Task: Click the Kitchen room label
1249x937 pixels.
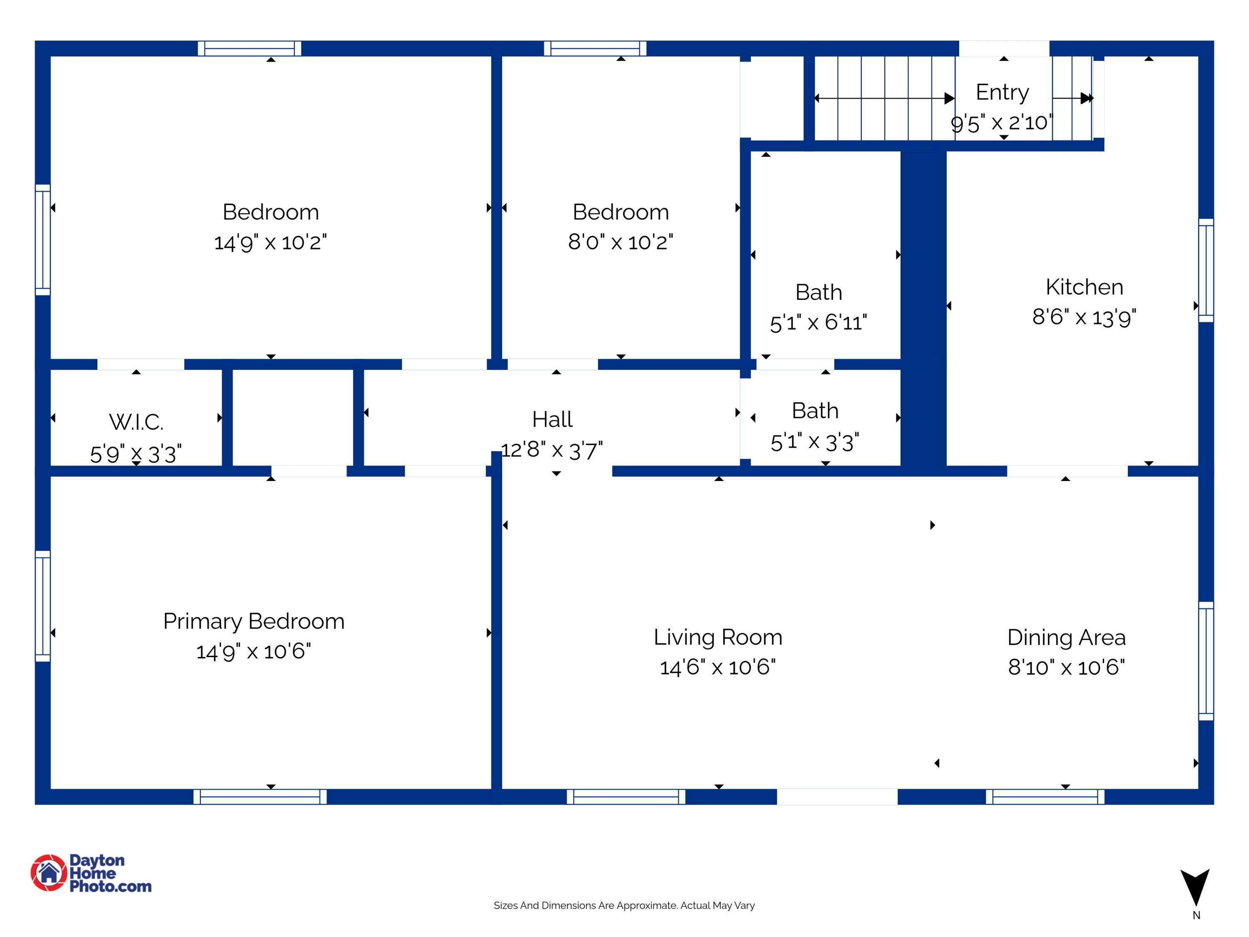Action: [1084, 287]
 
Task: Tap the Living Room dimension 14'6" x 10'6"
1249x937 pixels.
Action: [718, 668]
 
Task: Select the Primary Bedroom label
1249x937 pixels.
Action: [254, 621]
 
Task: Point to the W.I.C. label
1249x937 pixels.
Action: [136, 422]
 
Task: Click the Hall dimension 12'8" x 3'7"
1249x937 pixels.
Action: [552, 451]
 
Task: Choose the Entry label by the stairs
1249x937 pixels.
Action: [1002, 92]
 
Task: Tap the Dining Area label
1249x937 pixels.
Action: [1066, 637]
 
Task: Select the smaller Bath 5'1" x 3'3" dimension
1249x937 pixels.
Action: [815, 442]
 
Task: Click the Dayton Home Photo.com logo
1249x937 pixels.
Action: [92, 872]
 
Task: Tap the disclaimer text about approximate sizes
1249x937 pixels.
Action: [624, 905]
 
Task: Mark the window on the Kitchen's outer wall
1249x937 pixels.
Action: [1206, 270]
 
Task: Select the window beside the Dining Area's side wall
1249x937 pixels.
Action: [1206, 661]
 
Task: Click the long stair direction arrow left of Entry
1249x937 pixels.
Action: [884, 98]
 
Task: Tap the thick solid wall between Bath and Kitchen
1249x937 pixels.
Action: [923, 311]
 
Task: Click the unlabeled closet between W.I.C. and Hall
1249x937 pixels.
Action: [293, 418]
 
